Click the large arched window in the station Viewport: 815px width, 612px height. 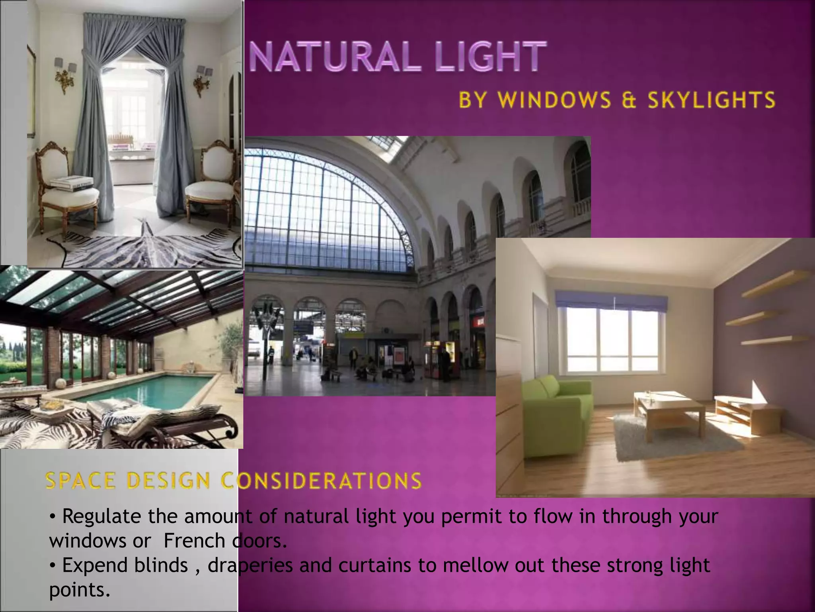[326, 211]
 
